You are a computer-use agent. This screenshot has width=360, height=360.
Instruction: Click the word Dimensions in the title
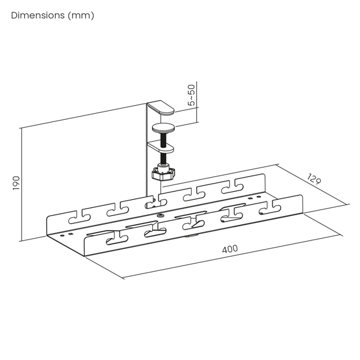coord(38,16)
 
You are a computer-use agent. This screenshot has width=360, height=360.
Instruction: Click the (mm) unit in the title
coord(81,16)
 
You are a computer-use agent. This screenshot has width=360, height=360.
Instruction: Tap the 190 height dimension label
coord(16,183)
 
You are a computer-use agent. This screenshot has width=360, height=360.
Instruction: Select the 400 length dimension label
coord(230,249)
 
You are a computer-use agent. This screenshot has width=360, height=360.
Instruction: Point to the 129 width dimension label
coord(314,179)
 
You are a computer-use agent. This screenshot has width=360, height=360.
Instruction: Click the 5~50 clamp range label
coord(191,95)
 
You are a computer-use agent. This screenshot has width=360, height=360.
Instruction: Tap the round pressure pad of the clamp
coord(163,128)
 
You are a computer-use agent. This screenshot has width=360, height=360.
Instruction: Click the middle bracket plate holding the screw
coord(161,147)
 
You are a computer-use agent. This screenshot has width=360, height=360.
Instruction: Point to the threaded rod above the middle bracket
coord(163,139)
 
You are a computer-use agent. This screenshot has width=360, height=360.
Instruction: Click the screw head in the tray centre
coord(160,215)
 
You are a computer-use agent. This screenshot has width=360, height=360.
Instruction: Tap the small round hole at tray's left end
coord(62,235)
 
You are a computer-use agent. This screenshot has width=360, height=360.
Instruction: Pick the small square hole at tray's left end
coord(70,234)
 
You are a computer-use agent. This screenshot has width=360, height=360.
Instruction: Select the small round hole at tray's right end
coord(258,197)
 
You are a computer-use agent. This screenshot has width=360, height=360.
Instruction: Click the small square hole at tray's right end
coord(250,198)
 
